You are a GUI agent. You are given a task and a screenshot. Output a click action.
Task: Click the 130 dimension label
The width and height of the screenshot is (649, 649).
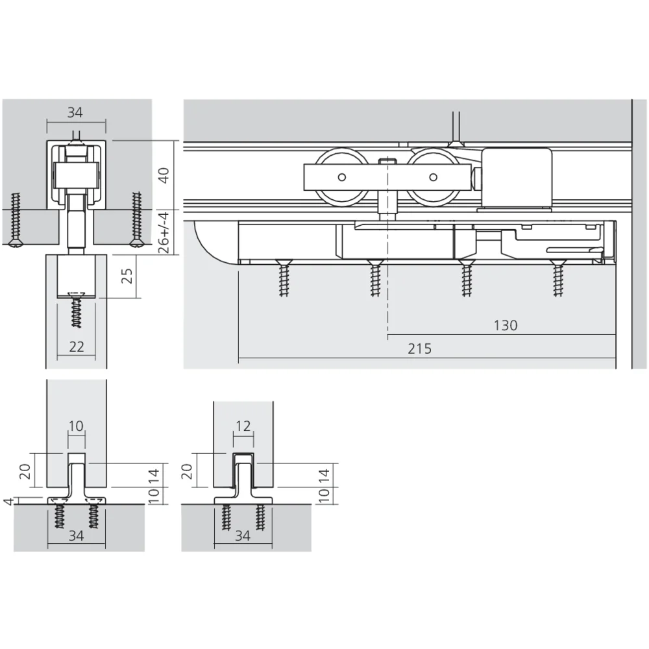click(x=506, y=325)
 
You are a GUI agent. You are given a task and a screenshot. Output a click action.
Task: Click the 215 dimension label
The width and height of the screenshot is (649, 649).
click(x=419, y=349)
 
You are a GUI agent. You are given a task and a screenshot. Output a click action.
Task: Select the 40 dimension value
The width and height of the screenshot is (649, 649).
click(x=164, y=175)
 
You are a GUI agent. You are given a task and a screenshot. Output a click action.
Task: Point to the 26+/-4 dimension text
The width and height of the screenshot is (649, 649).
click(x=164, y=232)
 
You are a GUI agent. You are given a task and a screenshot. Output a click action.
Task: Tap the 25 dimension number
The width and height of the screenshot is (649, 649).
click(x=128, y=276)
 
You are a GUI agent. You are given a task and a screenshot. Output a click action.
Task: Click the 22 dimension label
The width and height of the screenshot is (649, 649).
click(x=77, y=347)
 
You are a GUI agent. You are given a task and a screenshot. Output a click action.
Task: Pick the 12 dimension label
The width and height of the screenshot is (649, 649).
click(x=243, y=426)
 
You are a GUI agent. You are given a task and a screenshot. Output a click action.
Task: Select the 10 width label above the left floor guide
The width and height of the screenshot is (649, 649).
click(x=76, y=426)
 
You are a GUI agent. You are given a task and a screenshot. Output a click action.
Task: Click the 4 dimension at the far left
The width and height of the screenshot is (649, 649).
click(x=8, y=501)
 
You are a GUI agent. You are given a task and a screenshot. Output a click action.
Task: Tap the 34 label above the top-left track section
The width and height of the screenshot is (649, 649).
click(x=75, y=112)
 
